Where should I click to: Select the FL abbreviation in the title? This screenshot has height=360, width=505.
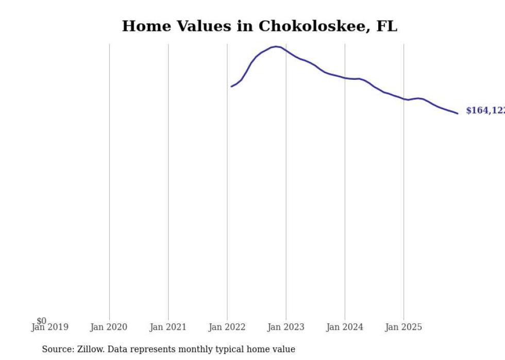tap(386, 26)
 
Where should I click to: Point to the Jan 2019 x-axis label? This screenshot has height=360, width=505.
tap(49, 328)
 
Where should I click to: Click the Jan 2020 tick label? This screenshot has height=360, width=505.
tap(109, 328)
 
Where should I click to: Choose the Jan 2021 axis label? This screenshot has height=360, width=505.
tap(168, 328)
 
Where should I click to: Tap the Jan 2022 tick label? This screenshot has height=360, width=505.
tap(227, 328)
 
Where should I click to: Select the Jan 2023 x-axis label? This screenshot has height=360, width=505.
tap(286, 328)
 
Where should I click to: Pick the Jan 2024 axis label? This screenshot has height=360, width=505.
tap(345, 328)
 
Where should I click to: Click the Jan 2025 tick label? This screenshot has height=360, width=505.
tap(403, 328)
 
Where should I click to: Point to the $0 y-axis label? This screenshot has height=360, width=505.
tap(41, 321)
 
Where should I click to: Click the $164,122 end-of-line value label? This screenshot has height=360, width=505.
tap(485, 111)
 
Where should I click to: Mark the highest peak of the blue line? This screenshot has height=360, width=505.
tap(276, 46)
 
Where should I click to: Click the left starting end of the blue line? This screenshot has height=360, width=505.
tap(231, 87)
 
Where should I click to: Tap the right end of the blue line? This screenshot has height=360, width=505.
tap(458, 113)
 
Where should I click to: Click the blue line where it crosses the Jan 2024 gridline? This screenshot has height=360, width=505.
tap(345, 78)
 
